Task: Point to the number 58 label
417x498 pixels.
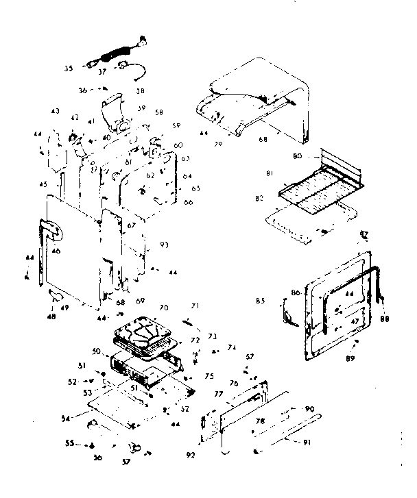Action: pos(158,112)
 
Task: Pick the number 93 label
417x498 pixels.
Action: pos(165,245)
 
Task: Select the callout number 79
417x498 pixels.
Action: pos(219,144)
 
